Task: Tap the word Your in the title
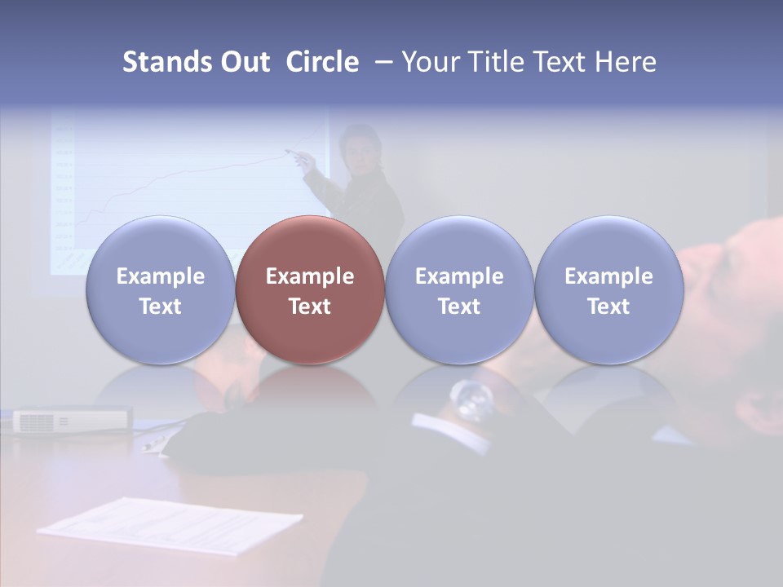[429, 62]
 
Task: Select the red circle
[310, 289]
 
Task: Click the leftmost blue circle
[160, 289]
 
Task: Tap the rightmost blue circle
[608, 289]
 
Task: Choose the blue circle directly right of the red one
[459, 289]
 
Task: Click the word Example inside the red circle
[310, 276]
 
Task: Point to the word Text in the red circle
[310, 307]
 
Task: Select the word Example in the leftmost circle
[160, 276]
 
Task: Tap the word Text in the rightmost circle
[608, 307]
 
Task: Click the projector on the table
[72, 420]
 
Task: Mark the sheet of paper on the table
[171, 526]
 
